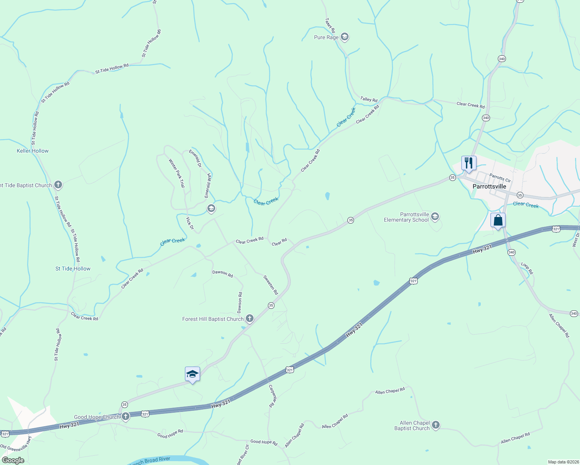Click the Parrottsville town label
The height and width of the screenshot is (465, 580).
coord(489,186)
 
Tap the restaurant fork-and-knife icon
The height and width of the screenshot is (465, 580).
coord(469,163)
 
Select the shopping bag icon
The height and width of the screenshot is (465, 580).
coord(498,220)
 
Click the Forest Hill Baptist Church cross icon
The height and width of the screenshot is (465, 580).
coord(250,319)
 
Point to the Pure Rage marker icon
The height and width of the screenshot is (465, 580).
coord(345,37)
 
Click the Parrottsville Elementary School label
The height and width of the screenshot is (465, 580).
coord(406,217)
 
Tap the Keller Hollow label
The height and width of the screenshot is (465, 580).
coord(33,151)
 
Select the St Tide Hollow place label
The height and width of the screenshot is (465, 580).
coord(73,269)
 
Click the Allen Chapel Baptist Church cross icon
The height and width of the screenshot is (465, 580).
coord(436,425)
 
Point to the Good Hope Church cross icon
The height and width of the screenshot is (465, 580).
coord(125,417)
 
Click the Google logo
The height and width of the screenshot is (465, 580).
coord(13,460)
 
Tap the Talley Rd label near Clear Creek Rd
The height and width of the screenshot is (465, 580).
coord(369,100)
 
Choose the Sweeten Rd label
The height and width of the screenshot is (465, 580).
coord(271,285)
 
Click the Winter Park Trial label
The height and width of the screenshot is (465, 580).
coord(177,173)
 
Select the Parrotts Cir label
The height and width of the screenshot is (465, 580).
coord(500,178)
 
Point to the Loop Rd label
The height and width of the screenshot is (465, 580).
coord(527,268)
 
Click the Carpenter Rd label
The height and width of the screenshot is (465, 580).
coord(273,395)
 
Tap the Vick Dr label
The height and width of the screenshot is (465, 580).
coord(190,223)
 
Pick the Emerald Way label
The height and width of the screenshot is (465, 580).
coord(208,185)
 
